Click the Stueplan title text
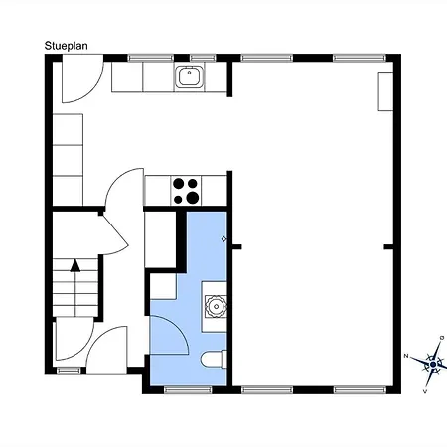67,46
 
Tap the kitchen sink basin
189,76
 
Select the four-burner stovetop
186,191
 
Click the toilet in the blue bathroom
214,360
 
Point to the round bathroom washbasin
216,307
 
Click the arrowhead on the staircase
75,265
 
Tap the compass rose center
433,365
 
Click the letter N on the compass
406,356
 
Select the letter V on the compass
425,391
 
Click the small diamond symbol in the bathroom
223,239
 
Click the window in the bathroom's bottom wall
188,390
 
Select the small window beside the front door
69,371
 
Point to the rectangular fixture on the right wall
385,91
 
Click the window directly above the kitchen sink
203,58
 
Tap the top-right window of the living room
360,58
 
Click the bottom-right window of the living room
360,390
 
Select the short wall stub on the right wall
388,247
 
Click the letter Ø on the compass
441,338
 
